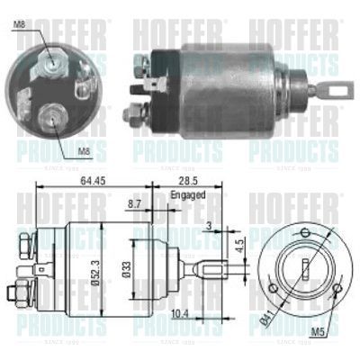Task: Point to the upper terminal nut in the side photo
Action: pyautogui.click(x=142, y=63)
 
